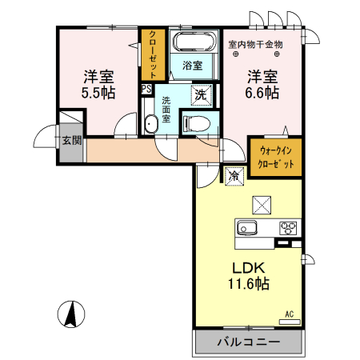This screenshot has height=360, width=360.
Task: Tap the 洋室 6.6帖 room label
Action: click(262, 84)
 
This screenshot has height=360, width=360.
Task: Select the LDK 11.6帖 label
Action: click(250, 274)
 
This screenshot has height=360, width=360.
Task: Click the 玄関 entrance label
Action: click(71, 142)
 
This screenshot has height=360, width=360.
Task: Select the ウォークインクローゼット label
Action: click(275, 158)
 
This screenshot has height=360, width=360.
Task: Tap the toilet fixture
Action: click(195, 122)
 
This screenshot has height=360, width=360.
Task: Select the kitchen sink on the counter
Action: click(245, 229)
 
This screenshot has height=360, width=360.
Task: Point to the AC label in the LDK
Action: click(290, 315)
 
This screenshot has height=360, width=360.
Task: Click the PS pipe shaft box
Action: click(146, 89)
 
